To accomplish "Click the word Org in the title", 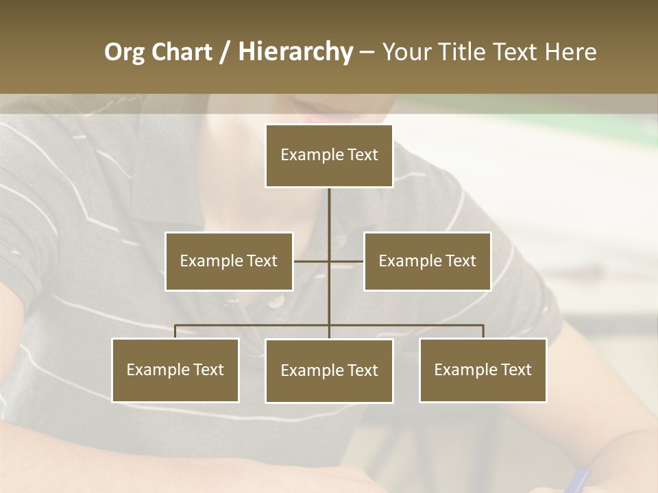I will tap(124, 52).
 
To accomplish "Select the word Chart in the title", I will tap(180, 52).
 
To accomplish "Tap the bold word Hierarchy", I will tap(295, 52).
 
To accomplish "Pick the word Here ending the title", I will tap(570, 52).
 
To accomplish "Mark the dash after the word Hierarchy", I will tap(367, 52).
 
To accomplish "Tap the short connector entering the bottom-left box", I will tap(175, 331).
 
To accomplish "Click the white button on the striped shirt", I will tap(276, 301).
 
